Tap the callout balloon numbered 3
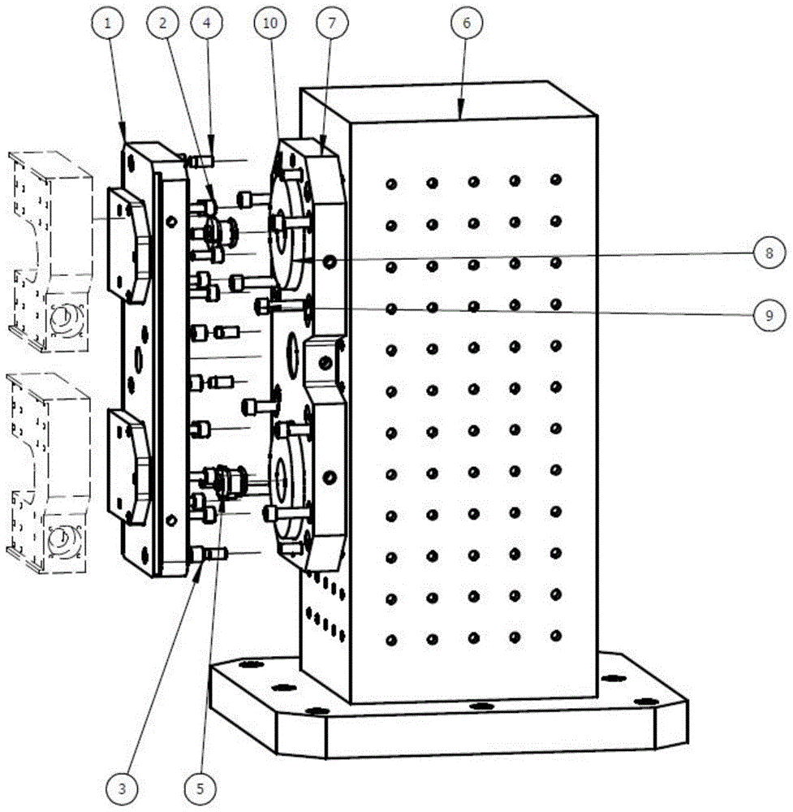point(121,786)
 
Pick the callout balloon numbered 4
point(206,25)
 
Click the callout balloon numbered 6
point(466,25)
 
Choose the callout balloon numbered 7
point(332,25)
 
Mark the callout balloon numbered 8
point(768,253)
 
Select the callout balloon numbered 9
point(768,315)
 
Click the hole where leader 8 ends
point(330,261)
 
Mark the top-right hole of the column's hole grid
point(555,179)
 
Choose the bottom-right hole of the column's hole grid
point(555,635)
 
